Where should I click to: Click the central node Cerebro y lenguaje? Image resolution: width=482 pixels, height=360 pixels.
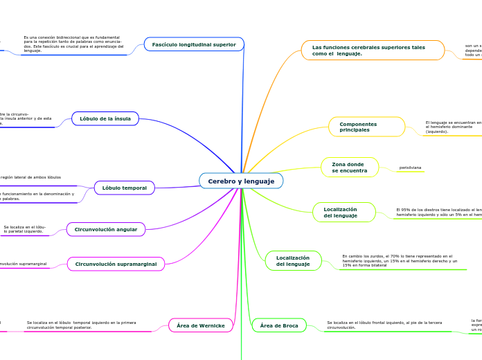point(241,181)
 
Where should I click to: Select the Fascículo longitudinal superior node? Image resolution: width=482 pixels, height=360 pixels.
point(194,44)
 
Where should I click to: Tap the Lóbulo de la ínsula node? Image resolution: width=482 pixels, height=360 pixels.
point(105,118)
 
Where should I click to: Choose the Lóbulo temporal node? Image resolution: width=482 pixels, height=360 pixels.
point(125,188)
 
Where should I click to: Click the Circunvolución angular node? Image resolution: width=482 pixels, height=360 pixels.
point(106,229)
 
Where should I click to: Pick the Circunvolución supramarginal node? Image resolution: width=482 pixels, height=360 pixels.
point(116,264)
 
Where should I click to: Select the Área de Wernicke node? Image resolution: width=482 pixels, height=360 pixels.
point(201,325)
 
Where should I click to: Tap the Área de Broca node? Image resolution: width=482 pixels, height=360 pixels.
point(279,325)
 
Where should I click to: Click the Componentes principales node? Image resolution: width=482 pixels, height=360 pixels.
point(366,127)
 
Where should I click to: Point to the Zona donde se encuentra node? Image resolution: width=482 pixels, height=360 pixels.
point(350,168)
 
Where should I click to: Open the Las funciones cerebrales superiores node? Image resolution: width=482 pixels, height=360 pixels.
point(373,50)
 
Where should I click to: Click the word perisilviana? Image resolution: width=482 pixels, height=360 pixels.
point(411,168)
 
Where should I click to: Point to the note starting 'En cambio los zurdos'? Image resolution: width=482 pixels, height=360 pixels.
point(400,260)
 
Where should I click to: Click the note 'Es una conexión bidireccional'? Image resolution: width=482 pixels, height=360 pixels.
point(73,44)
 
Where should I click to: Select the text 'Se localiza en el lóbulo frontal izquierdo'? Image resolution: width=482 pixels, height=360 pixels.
point(384,325)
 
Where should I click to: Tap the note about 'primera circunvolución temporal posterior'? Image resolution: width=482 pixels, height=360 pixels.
point(81,325)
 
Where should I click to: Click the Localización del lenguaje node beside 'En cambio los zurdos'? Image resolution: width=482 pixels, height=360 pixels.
point(293,260)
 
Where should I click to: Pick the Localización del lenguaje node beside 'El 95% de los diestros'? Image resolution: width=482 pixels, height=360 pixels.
point(344,212)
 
